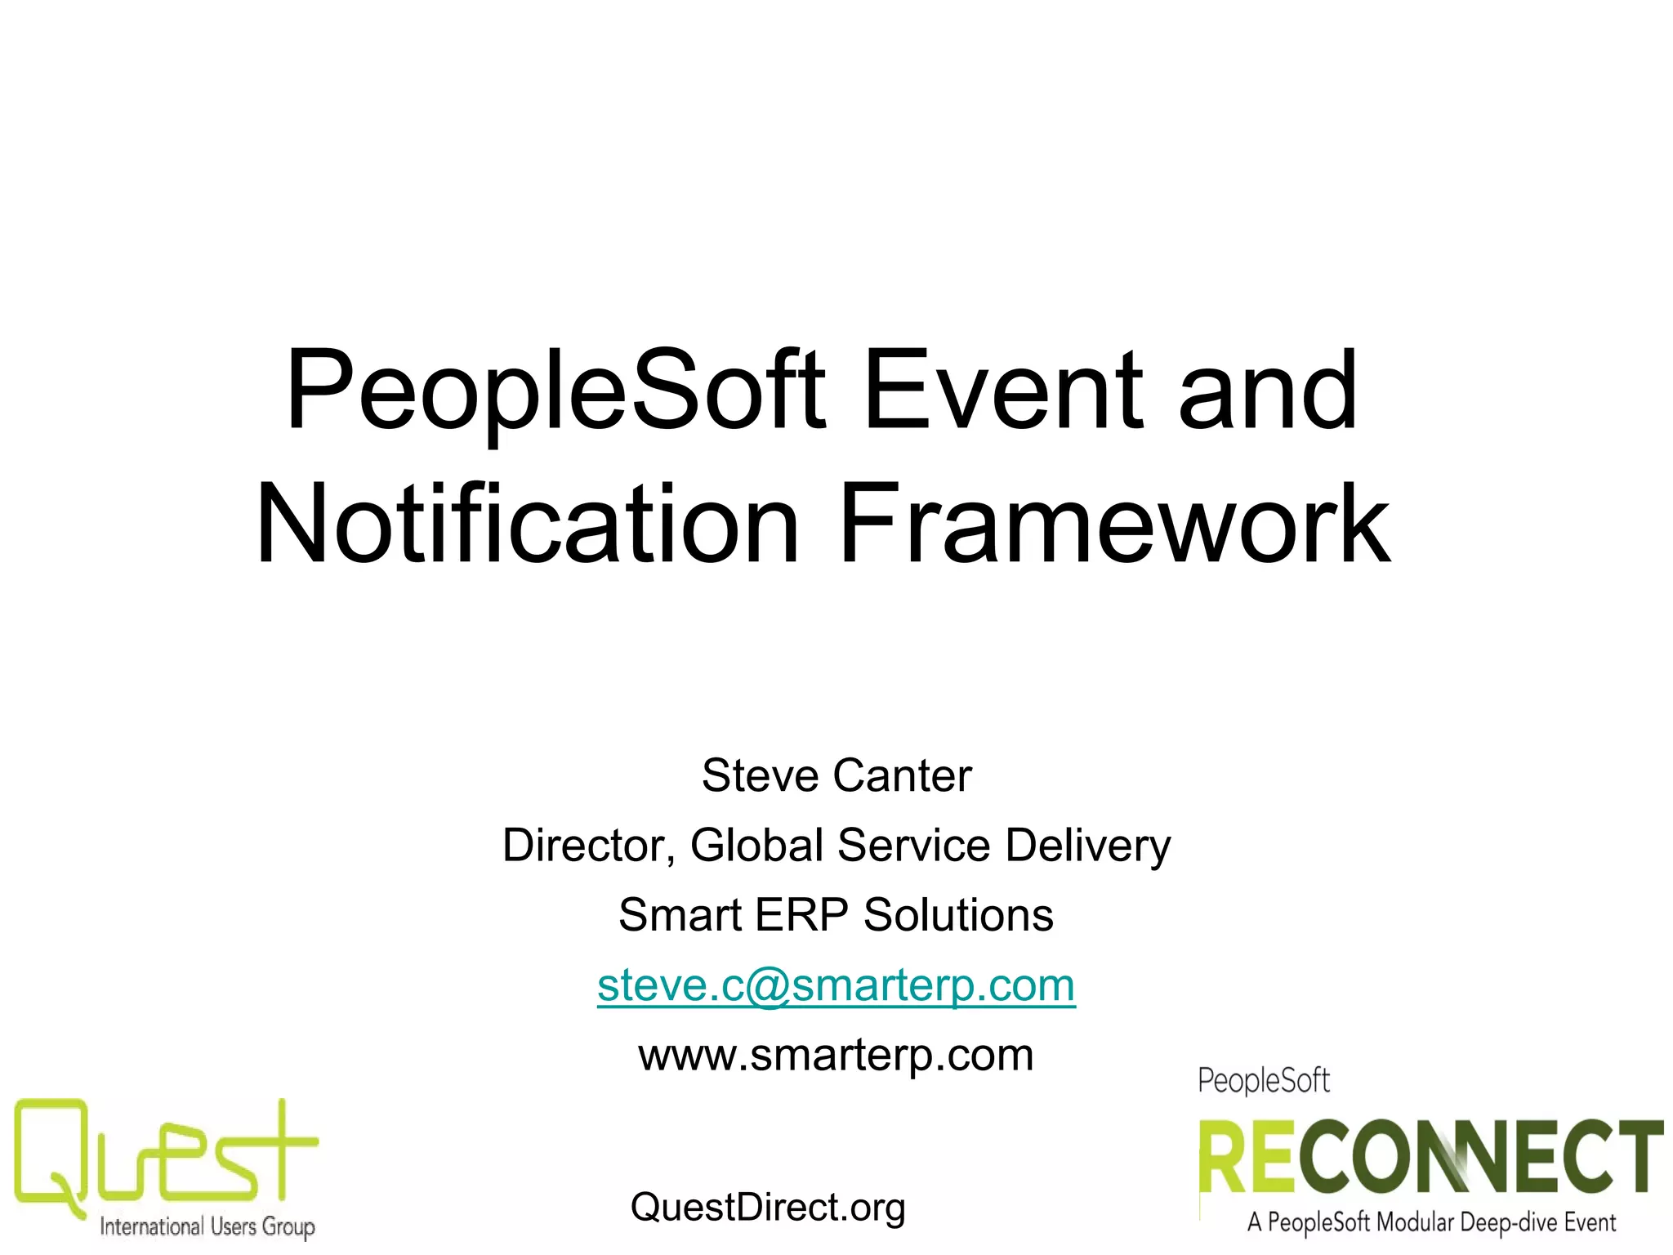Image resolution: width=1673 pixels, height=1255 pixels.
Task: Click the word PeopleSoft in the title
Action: pos(555,391)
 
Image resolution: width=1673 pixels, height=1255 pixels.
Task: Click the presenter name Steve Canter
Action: pos(836,775)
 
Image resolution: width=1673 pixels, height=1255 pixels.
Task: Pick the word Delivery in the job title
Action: pos(1088,846)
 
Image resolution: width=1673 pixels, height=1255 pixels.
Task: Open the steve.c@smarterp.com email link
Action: pos(836,985)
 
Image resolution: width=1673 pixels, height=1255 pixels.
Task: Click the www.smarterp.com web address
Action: pos(836,1056)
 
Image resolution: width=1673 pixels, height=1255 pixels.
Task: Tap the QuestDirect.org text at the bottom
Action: pos(768,1208)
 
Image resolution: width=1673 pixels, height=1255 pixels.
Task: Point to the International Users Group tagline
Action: pos(207,1226)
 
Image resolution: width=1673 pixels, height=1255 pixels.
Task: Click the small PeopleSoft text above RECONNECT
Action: pos(1264,1081)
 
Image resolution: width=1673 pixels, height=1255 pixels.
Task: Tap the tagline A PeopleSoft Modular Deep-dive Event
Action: pos(1431,1223)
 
